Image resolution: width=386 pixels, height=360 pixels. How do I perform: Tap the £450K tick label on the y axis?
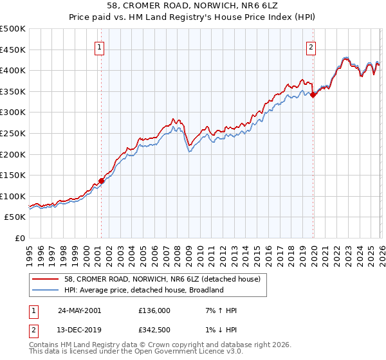(x=13, y=50)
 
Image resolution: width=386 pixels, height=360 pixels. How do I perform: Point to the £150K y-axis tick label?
(x=13, y=175)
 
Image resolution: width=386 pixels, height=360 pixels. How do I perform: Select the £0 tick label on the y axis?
(x=21, y=238)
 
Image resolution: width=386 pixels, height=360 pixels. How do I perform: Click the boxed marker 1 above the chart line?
(x=101, y=46)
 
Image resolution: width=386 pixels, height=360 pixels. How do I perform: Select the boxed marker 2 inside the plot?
(x=311, y=46)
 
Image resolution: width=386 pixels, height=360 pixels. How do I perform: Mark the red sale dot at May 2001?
(x=102, y=181)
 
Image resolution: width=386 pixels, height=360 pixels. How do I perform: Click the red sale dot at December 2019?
(x=313, y=94)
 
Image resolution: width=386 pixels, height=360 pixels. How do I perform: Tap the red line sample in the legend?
(x=46, y=279)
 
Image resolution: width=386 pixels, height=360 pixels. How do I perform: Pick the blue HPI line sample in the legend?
(x=46, y=290)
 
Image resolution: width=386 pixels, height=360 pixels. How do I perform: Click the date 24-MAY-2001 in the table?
(x=80, y=310)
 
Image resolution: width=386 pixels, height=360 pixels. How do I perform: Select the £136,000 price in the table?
(x=154, y=310)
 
